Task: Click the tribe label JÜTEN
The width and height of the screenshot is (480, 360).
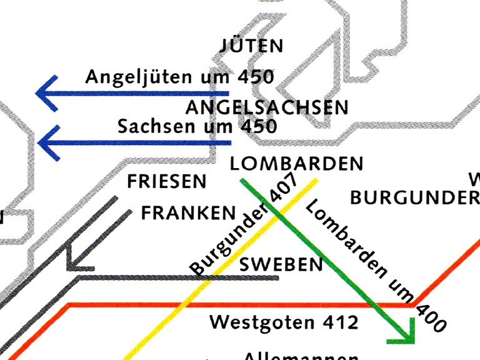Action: click(x=252, y=46)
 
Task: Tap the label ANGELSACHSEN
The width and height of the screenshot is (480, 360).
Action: click(x=267, y=107)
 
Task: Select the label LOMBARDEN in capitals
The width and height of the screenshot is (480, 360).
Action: click(x=296, y=164)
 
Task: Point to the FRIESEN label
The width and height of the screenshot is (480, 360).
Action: click(x=166, y=182)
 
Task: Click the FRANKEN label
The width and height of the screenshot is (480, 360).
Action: click(x=189, y=213)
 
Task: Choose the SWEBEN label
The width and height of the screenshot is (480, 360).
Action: click(x=281, y=264)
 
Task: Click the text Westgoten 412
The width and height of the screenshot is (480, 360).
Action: click(x=284, y=322)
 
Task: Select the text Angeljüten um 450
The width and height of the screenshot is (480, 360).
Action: click(x=180, y=77)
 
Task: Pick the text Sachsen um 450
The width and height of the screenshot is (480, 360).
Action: click(x=197, y=126)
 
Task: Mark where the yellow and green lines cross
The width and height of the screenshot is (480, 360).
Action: click(x=279, y=215)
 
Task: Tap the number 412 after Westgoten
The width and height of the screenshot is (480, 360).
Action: click(x=341, y=322)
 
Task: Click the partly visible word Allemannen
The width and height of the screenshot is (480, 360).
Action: click(x=300, y=356)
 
